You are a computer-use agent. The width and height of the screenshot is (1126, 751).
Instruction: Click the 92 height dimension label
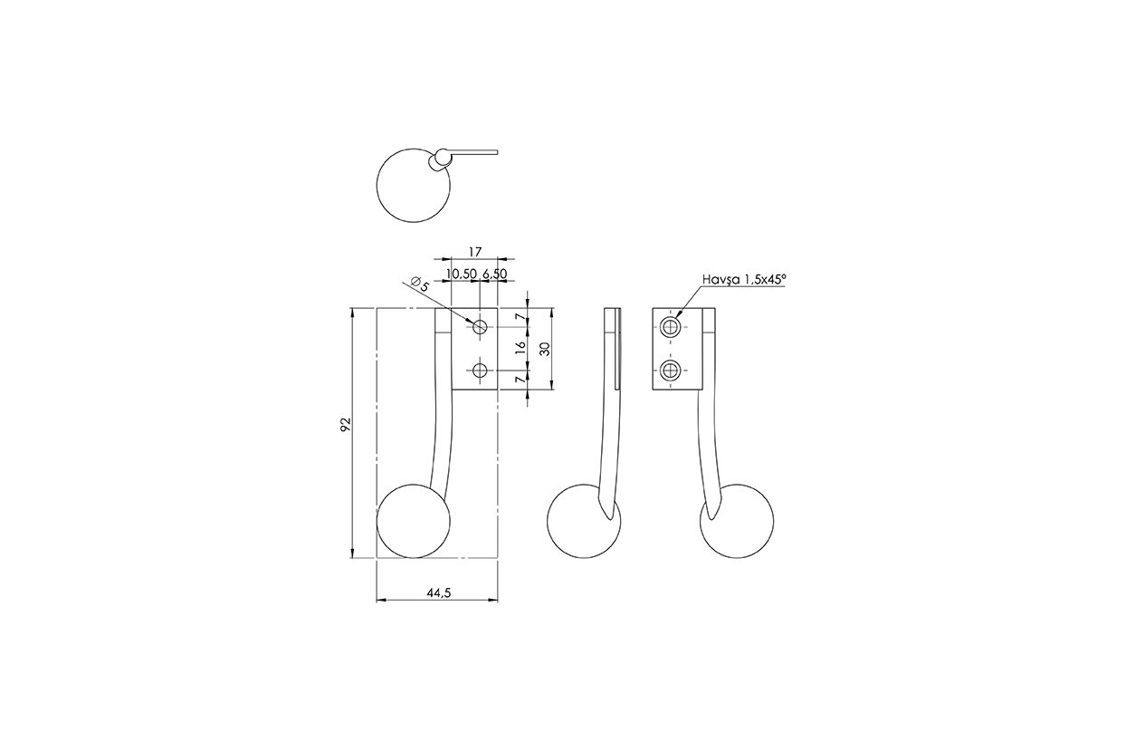[346, 424]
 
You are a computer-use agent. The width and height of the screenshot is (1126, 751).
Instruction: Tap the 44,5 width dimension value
[439, 593]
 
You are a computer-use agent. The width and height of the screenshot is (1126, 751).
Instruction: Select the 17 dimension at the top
[475, 251]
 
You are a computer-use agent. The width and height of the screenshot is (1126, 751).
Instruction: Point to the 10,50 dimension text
[461, 274]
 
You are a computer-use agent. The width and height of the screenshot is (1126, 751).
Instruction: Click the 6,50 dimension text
[494, 274]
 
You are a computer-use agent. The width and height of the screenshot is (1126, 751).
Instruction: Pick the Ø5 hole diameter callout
[420, 284]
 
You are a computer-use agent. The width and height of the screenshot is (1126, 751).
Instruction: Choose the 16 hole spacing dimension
[520, 348]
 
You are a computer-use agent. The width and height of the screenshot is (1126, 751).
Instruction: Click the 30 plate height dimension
[545, 349]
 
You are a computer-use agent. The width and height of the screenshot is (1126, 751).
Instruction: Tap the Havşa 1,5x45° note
[743, 280]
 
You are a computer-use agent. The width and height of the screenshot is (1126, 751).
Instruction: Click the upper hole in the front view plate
[480, 326]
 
